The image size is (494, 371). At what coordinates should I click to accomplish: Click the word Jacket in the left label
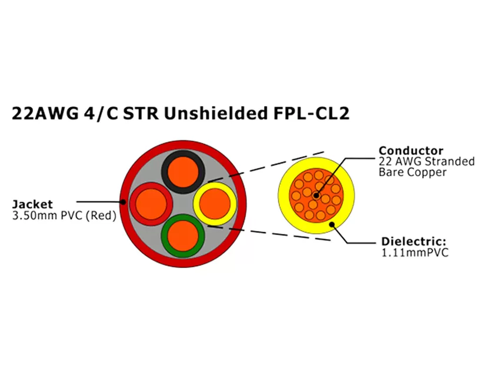tap(32, 204)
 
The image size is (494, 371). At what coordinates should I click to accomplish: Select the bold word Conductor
tap(411, 151)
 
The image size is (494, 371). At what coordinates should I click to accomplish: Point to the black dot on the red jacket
tap(123, 202)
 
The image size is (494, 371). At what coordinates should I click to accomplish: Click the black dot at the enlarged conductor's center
tap(316, 195)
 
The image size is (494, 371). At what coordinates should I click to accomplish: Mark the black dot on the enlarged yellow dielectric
tap(332, 223)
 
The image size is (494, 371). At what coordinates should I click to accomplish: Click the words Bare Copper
tap(412, 173)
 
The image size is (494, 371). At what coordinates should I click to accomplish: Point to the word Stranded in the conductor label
tap(450, 162)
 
